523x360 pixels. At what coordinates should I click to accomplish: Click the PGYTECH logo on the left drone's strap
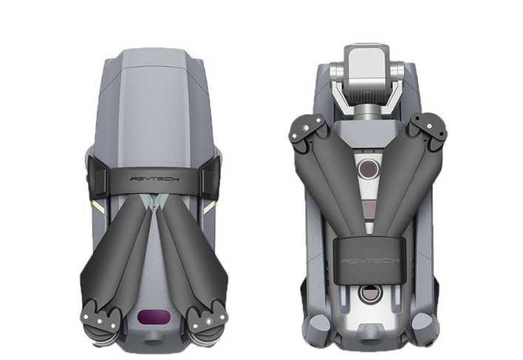coord(154,179)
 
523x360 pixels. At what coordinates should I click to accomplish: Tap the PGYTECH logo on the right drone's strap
coord(370,260)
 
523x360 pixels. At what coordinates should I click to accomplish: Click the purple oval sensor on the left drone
coord(154,316)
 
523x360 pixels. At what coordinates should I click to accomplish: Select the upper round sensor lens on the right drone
coord(368,169)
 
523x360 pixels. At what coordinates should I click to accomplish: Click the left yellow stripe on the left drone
coord(98,207)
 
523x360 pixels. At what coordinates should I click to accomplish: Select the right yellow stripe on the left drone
coord(210,208)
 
